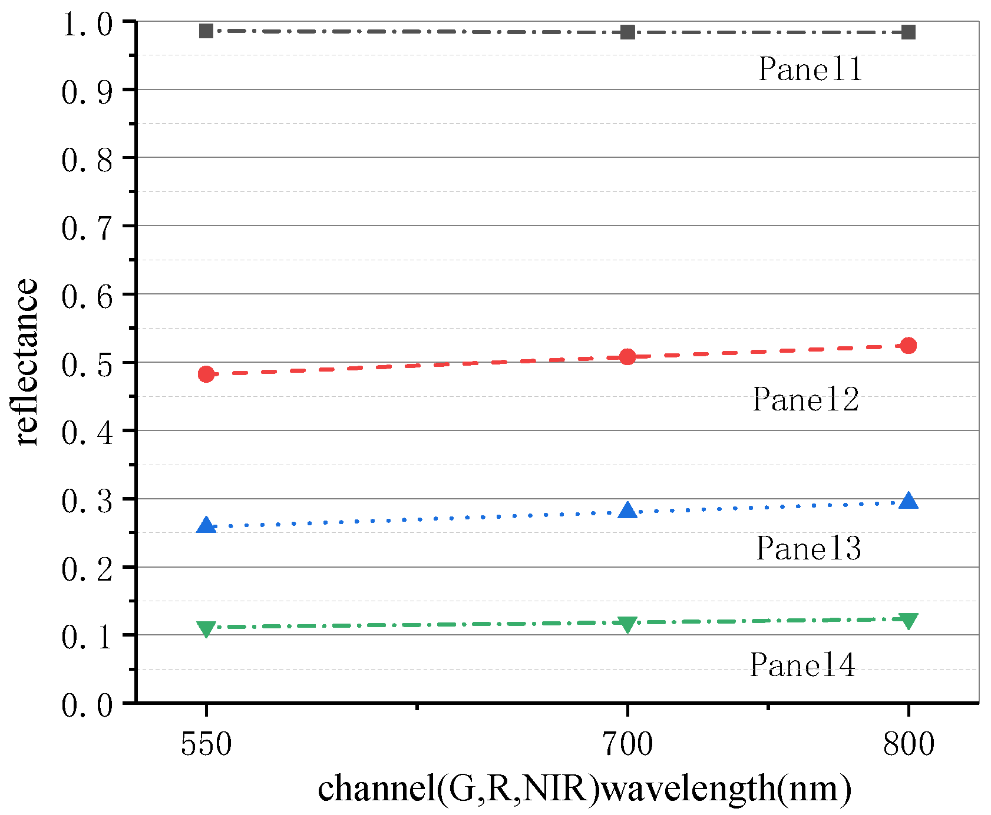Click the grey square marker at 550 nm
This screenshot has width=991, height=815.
pos(206,31)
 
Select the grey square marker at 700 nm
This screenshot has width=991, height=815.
pos(627,32)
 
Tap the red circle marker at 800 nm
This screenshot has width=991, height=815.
pos(909,346)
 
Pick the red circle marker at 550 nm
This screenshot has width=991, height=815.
pos(206,374)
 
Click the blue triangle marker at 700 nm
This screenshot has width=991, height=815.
pos(627,511)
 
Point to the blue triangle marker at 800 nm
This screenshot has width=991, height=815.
pos(909,501)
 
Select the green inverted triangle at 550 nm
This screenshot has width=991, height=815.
pos(206,628)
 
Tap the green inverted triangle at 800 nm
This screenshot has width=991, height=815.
pos(909,621)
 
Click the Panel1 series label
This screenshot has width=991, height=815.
pos(810,69)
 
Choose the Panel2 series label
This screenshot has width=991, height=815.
pos(805,400)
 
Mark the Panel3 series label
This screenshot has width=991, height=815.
pos(808,548)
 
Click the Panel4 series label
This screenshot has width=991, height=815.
pos(802,665)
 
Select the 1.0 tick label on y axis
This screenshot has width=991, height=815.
pos(87,25)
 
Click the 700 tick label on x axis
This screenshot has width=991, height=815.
pos(627,744)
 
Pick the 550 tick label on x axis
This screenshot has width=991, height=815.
pos(206,744)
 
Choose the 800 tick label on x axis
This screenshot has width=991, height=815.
pos(909,744)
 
